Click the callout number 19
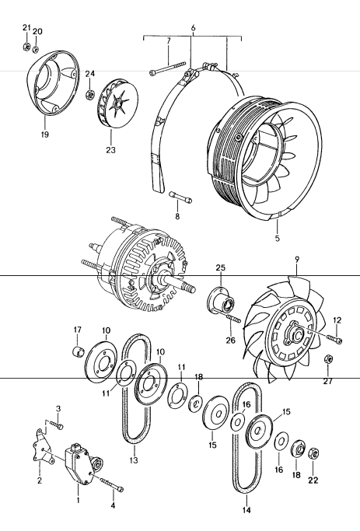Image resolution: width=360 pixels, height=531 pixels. coord(45,134)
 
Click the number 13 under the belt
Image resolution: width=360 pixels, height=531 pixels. coord(133,460)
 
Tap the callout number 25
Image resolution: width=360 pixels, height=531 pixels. coord(220,267)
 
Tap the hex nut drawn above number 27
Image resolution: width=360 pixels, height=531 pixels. coord(328,358)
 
